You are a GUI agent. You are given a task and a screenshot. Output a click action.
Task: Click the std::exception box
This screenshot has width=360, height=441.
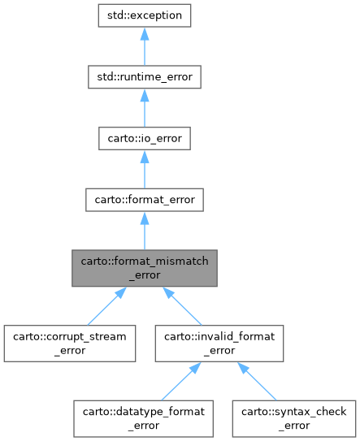point(144,15)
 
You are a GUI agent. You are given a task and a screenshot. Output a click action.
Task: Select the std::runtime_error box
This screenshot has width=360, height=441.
point(144,77)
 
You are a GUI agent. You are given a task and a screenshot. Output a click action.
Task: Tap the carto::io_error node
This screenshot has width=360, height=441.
point(144,139)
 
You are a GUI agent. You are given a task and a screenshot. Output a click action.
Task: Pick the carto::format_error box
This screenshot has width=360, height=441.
point(144,201)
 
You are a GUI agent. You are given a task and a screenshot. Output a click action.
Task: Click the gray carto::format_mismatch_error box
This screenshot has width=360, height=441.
point(144,269)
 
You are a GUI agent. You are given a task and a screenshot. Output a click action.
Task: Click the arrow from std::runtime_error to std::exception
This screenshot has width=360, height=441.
point(144,48)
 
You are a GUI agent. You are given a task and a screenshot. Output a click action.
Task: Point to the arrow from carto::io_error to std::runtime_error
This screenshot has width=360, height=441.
point(144,110)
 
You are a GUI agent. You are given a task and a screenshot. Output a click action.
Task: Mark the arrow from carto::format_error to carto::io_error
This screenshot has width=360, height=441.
point(144,171)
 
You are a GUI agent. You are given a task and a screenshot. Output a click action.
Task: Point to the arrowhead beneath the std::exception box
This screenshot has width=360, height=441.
point(144,37)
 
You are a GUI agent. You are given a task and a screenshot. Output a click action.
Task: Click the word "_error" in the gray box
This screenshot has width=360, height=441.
point(144,275)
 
